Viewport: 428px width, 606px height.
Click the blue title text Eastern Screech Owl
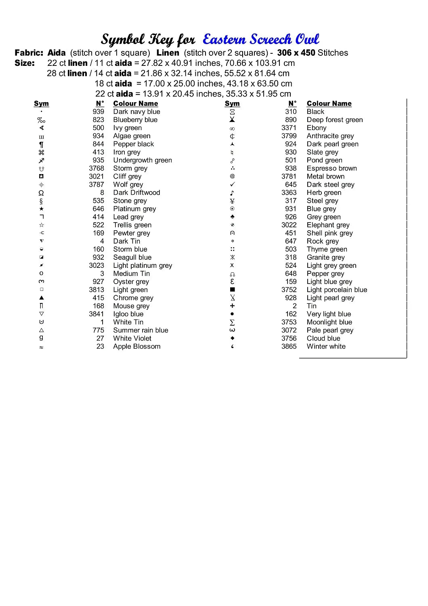point(261,39)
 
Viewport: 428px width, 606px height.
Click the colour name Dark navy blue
point(136,112)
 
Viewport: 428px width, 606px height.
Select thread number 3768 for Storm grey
point(97,168)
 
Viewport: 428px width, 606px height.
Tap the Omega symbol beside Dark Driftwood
point(41,193)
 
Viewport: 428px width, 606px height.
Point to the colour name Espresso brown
point(331,168)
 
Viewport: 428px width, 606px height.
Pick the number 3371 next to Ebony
point(289,128)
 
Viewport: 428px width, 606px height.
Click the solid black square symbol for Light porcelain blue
point(232,290)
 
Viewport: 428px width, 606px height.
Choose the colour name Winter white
point(326,347)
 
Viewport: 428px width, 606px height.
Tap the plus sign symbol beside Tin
point(232,306)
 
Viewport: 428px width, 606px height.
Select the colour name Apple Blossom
point(136,347)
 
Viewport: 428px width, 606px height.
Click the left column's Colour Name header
point(135,104)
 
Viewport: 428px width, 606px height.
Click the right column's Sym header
point(232,104)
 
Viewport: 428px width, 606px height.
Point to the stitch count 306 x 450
point(296,53)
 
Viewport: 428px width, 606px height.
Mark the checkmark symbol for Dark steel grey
point(232,185)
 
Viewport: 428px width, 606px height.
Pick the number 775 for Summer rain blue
point(98,330)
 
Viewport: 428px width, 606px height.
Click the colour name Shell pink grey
point(329,233)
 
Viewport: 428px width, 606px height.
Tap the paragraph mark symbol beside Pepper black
point(41,145)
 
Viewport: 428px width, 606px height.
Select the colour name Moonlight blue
point(329,322)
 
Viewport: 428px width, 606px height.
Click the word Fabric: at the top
point(29,53)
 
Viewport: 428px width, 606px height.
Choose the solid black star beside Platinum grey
point(41,209)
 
